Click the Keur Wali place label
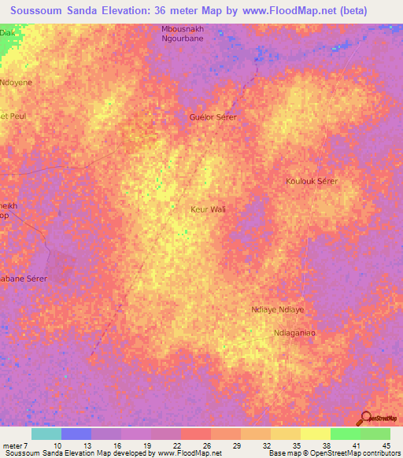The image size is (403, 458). click(x=208, y=209)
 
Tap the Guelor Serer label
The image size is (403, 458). click(x=213, y=116)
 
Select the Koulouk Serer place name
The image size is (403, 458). click(x=312, y=181)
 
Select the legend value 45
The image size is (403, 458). click(x=386, y=445)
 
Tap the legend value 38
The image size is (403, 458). click(x=326, y=445)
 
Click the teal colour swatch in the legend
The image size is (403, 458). click(x=46, y=434)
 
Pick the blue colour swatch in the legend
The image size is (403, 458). click(x=76, y=434)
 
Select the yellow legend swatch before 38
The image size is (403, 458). click(x=286, y=434)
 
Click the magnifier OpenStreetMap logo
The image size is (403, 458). click(x=367, y=418)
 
